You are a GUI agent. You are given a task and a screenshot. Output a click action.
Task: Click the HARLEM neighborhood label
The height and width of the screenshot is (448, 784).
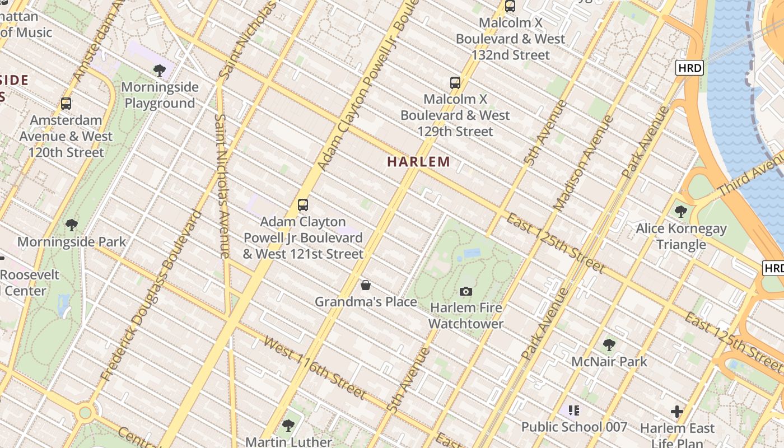(419, 162)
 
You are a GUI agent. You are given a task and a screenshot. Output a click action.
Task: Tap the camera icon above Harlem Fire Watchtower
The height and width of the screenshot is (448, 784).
(465, 291)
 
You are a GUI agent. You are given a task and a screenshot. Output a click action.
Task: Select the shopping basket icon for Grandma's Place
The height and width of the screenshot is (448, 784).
(366, 286)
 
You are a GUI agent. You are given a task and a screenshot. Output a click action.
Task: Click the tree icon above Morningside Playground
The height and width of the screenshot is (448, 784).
(160, 71)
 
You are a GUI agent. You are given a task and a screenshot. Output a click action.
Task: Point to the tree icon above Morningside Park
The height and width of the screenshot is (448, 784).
(71, 225)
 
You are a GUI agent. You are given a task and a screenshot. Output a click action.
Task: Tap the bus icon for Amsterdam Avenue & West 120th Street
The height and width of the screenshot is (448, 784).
(66, 104)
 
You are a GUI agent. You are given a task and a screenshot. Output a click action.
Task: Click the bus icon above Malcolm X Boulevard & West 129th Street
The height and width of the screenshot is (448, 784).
(455, 83)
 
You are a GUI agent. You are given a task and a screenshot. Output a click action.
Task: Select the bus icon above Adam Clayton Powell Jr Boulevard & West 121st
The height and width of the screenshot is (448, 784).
(303, 205)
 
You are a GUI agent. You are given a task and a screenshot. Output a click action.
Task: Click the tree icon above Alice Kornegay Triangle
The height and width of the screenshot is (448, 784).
(681, 212)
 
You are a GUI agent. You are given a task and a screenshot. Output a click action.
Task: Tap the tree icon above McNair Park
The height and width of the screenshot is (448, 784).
(609, 345)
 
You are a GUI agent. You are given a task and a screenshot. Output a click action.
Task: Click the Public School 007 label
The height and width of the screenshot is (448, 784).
(574, 427)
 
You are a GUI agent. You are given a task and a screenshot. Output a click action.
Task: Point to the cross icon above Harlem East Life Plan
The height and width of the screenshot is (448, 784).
(677, 412)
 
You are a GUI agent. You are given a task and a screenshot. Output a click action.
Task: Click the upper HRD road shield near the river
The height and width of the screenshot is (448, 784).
(689, 68)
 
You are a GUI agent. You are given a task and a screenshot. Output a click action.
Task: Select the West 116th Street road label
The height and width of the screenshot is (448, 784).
(314, 367)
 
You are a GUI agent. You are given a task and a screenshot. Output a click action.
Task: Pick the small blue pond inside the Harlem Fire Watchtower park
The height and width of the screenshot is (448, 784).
(472, 253)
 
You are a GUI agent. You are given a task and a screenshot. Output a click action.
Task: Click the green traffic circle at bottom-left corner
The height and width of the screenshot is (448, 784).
(85, 413)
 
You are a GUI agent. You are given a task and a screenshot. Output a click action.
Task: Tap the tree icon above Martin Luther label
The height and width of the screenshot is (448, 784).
(288, 426)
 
